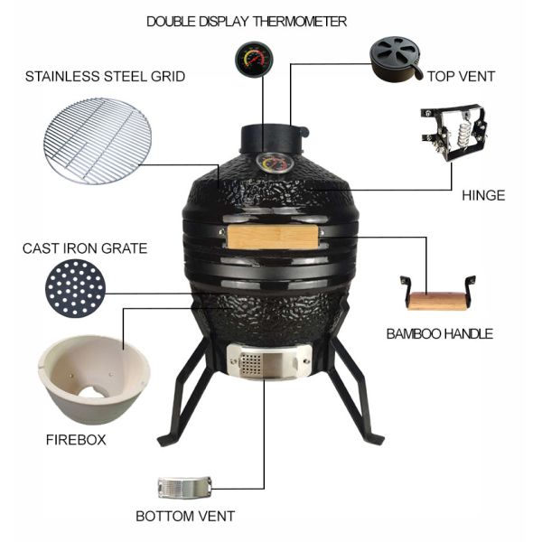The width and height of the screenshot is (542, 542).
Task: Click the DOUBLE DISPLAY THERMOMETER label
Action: click(x=247, y=21)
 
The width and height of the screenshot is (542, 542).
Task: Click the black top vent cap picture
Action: click(x=395, y=59)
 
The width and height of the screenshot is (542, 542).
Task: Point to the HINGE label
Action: click(x=482, y=195)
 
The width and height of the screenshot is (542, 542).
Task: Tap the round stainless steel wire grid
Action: click(x=98, y=140)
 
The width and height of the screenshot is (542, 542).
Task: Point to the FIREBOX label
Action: click(x=76, y=440)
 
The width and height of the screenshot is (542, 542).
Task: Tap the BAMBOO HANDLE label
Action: click(x=439, y=333)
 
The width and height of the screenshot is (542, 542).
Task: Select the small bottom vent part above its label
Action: click(x=183, y=487)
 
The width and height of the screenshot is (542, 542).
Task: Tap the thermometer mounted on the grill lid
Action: click(x=267, y=164)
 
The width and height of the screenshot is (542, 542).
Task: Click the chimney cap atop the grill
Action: click(x=271, y=138)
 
